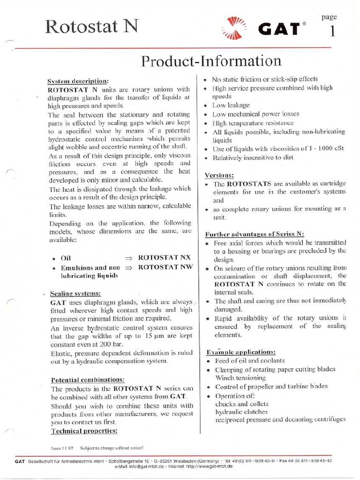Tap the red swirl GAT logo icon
(x=234, y=28)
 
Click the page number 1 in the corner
(x=332, y=32)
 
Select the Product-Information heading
(x=211, y=61)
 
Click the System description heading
(x=78, y=81)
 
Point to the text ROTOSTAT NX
(x=165, y=258)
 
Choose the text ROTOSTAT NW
(x=165, y=267)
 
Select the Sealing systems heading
(x=75, y=293)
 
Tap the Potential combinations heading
(x=87, y=380)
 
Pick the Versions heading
(x=219, y=175)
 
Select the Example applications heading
(x=241, y=352)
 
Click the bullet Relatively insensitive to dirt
(x=253, y=157)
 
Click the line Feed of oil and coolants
(x=249, y=360)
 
